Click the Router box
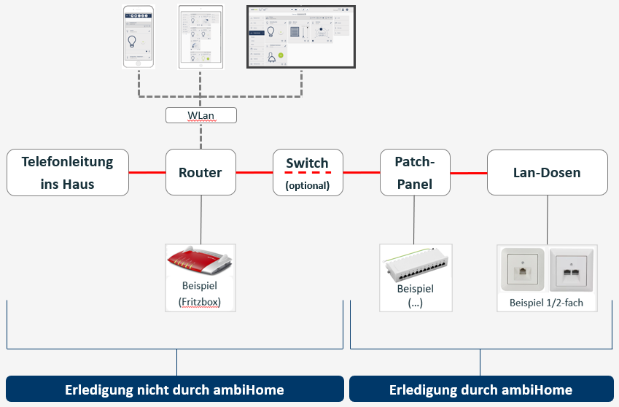pyautogui.click(x=201, y=172)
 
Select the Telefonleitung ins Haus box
pyautogui.click(x=68, y=172)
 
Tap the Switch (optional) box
pyautogui.click(x=307, y=172)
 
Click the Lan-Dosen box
pyautogui.click(x=547, y=172)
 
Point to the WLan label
pyautogui.click(x=201, y=115)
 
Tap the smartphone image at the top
pyautogui.click(x=139, y=36)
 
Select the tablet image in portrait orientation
pyautogui.click(x=200, y=36)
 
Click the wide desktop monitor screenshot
pyautogui.click(x=301, y=36)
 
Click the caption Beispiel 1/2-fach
pyautogui.click(x=546, y=302)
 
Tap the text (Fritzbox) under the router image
pyautogui.click(x=200, y=301)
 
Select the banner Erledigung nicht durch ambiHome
pyautogui.click(x=174, y=389)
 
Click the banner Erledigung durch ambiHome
pyautogui.click(x=480, y=389)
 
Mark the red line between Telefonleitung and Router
pyautogui.click(x=147, y=173)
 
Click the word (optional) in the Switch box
pyautogui.click(x=307, y=185)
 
